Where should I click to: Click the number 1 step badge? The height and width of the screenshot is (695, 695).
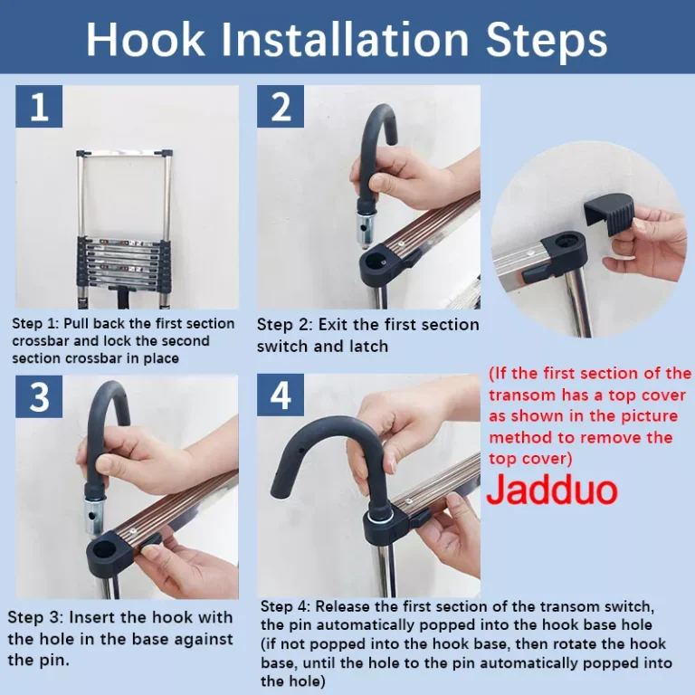39,107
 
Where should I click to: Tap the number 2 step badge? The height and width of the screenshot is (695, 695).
281,107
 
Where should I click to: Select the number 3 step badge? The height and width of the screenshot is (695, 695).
39,396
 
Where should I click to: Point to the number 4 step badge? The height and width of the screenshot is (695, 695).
281,395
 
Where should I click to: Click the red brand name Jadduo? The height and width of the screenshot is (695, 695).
552,490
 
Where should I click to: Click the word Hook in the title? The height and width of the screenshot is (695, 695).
146,39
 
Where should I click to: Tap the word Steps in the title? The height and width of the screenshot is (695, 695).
547,40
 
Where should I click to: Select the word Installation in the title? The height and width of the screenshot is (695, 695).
346,39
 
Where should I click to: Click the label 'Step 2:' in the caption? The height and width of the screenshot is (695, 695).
284,325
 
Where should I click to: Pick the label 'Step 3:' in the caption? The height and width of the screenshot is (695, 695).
35,617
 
